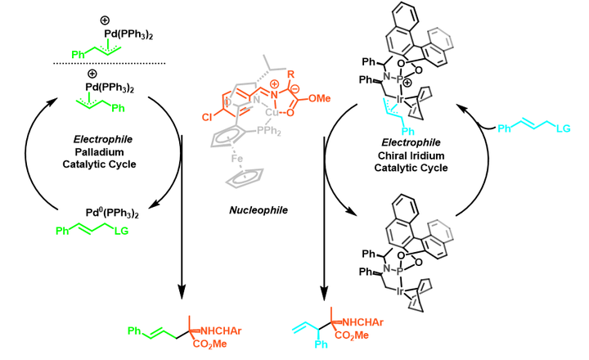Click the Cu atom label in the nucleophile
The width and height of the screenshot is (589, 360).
(272, 111)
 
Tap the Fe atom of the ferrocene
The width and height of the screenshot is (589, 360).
(237, 158)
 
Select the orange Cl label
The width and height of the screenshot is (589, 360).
(206, 118)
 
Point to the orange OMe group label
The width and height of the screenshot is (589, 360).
(319, 98)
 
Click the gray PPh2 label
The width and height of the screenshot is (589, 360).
(269, 131)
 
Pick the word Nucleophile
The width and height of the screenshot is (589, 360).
(259, 209)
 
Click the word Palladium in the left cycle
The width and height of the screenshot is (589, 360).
(99, 152)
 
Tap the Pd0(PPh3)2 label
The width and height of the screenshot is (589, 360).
(112, 213)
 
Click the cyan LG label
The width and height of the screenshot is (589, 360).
(563, 128)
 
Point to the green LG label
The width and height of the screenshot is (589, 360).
(121, 231)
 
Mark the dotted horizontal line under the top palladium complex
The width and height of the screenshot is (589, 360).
(110, 64)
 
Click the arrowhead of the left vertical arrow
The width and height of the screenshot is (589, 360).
(182, 293)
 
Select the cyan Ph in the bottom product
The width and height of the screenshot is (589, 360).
(321, 344)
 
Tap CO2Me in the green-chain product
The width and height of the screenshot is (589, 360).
(210, 344)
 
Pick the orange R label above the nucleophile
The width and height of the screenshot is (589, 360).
(290, 74)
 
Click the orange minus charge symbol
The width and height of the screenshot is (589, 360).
(295, 89)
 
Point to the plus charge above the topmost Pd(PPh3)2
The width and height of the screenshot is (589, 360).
(105, 20)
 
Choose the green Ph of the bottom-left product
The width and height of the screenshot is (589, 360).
(134, 331)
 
